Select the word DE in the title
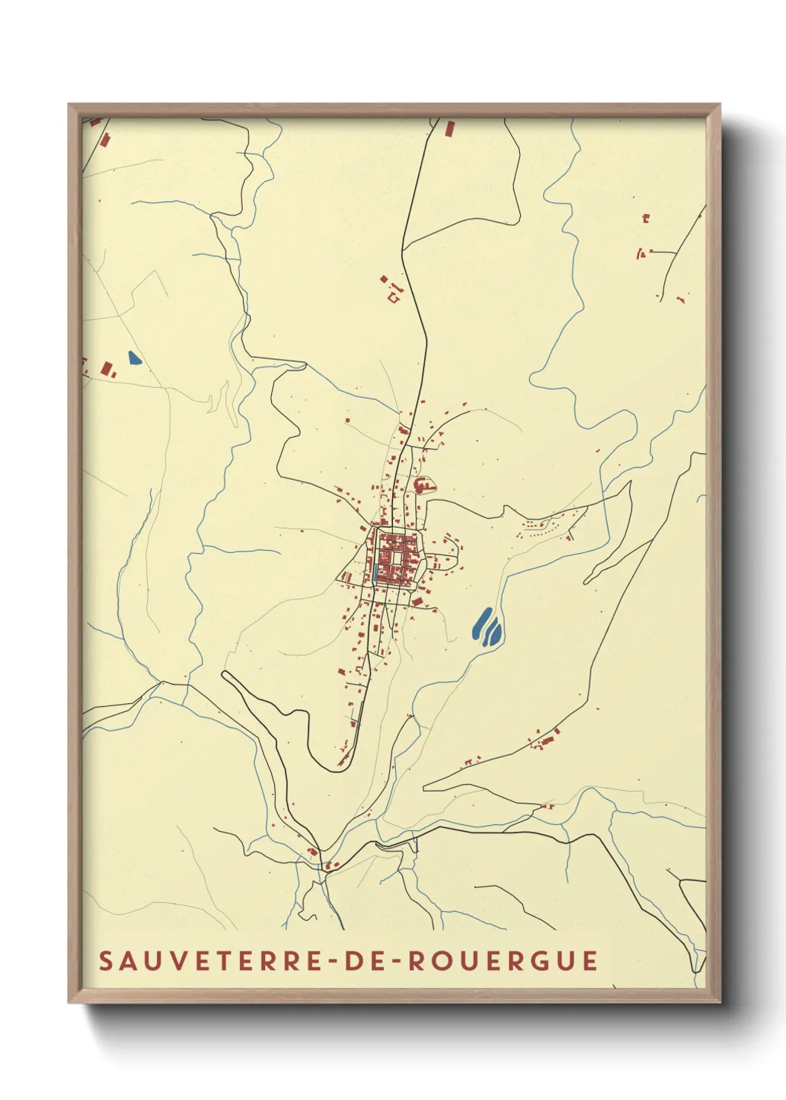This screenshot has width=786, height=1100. click(364, 960)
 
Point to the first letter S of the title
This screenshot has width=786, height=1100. click(105, 960)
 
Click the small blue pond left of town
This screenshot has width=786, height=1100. click(134, 358)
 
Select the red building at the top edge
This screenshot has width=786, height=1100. click(449, 129)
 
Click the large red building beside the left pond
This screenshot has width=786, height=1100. click(107, 368)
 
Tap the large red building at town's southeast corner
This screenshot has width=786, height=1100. click(418, 601)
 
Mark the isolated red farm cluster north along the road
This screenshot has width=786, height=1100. click(392, 290)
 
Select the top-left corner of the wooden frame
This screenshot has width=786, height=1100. click(70, 106)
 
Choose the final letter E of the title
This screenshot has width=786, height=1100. click(591, 960)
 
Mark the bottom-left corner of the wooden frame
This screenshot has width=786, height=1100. click(70, 1001)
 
